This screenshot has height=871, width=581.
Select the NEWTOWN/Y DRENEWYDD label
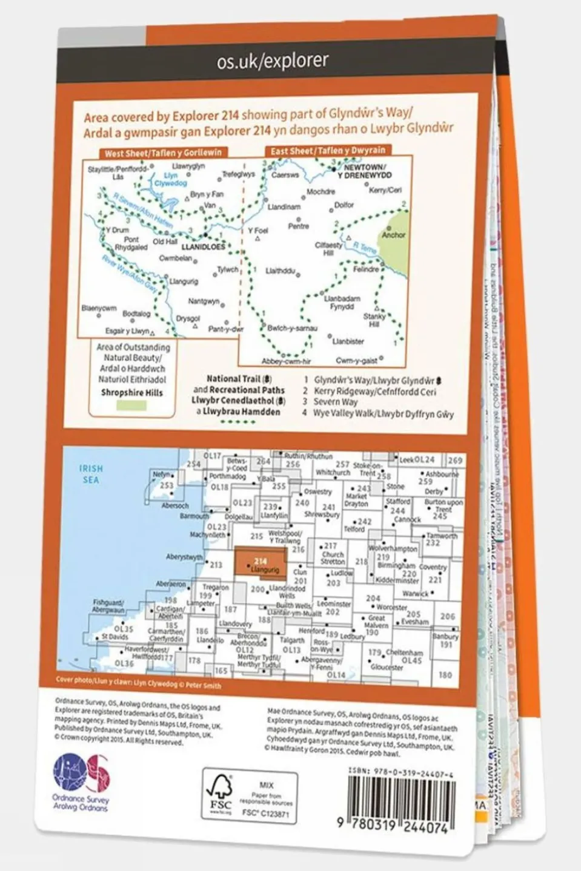pos(364,171)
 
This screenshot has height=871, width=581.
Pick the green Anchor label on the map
pos(394,235)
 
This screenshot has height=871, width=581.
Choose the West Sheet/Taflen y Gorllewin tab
pos(163,153)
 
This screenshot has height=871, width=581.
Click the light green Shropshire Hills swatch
pos(124,406)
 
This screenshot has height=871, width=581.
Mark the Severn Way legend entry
pos(336,402)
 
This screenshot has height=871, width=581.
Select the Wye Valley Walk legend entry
pos(383,414)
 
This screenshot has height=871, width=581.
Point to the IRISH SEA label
pos(91,474)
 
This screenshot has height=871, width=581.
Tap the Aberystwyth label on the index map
pos(184,557)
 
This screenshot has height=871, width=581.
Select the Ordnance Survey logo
pos(81,781)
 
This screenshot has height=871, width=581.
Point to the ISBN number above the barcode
pos(401,774)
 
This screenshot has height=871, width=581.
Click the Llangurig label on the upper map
pos(184,281)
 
